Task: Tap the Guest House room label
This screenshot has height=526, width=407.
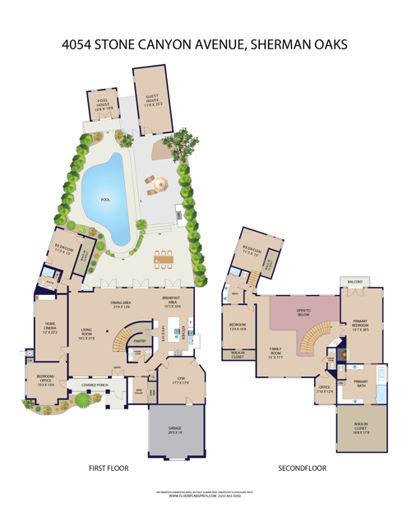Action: [x=154, y=100]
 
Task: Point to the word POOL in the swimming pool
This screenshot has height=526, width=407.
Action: [x=104, y=200]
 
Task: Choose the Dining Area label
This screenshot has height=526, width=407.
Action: [x=122, y=305]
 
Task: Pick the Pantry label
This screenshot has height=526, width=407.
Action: [x=140, y=341]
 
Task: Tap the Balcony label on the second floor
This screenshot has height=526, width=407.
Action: [x=355, y=281]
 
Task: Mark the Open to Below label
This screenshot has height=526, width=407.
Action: [x=303, y=311]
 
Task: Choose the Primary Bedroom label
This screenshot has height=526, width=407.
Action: [x=361, y=325]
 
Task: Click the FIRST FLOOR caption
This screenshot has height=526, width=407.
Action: [x=109, y=468]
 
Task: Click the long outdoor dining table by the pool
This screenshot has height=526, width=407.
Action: [x=164, y=258]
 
